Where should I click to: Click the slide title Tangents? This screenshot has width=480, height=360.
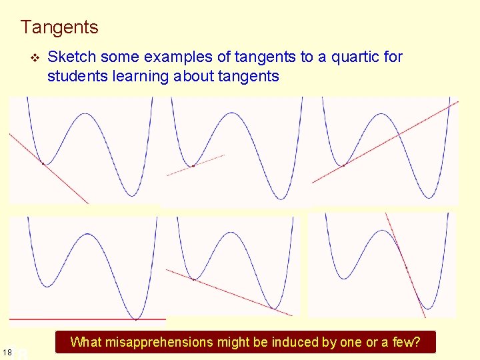tap(59, 27)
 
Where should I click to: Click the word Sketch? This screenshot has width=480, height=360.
tap(70, 57)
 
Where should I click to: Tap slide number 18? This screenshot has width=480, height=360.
tap(7, 351)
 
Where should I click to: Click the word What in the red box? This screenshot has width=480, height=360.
tap(85, 342)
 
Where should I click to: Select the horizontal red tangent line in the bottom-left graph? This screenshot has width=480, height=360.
tap(87, 319)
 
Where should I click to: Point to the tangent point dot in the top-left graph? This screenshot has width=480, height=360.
tap(43, 163)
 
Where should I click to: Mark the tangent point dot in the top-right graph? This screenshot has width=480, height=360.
tap(344, 165)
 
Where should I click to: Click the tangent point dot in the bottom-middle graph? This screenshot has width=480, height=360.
tap(193, 279)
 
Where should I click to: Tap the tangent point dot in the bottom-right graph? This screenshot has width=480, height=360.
tap(407, 267)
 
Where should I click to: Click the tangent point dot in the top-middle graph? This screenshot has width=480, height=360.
tap(193, 165)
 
